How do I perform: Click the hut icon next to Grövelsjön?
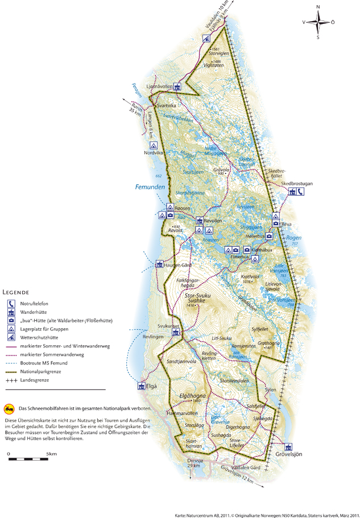(x=288, y=446)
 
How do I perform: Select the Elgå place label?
(x=151, y=387)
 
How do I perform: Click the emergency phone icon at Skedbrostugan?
(x=300, y=192)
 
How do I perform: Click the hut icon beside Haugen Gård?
(x=160, y=264)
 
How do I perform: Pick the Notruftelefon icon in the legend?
(x=11, y=302)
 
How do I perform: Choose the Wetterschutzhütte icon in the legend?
(x=11, y=337)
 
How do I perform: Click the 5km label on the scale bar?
(x=51, y=453)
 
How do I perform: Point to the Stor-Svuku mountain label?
(x=197, y=296)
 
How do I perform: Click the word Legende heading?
(x=18, y=292)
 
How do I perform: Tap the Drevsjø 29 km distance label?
(x=195, y=462)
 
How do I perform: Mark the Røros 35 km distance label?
(x=133, y=106)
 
